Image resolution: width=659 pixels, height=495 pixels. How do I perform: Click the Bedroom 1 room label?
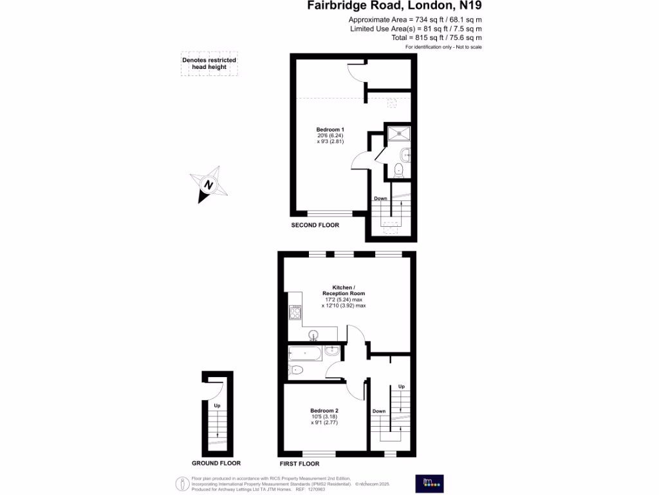click(x=330, y=130)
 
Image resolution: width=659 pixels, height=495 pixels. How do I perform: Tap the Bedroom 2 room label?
click(x=324, y=411)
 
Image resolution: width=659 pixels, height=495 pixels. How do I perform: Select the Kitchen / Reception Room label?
click(x=343, y=290)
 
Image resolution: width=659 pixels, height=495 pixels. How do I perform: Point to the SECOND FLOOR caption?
click(x=315, y=225)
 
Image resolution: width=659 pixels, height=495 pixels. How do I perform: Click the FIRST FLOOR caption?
click(x=299, y=463)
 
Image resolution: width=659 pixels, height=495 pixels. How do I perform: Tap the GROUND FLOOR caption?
click(x=216, y=463)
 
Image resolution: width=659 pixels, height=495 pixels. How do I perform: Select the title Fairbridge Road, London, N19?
click(x=394, y=6)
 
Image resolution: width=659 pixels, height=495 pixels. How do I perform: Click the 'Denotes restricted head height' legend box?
click(x=209, y=63)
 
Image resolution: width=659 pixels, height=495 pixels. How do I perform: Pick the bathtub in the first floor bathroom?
click(x=306, y=352)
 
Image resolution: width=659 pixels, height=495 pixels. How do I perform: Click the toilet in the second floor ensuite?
click(x=398, y=170)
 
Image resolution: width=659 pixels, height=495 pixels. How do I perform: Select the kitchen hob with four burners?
click(x=296, y=313)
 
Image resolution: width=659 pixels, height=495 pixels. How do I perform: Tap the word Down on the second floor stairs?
click(x=380, y=199)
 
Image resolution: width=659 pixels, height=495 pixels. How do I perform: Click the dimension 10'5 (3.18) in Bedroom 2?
click(x=324, y=417)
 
